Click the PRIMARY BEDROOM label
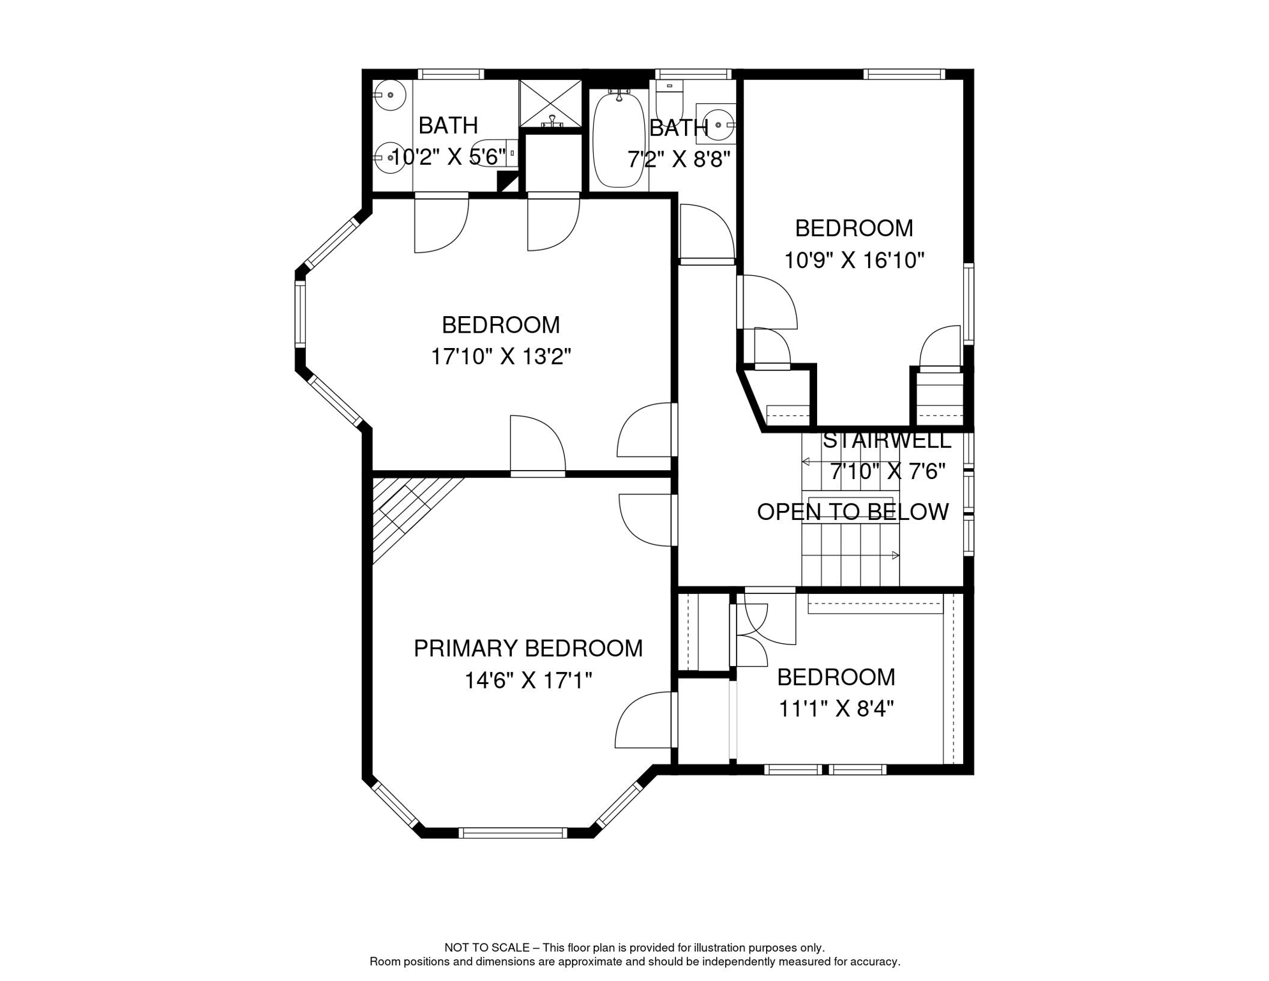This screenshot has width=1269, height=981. [x=528, y=648]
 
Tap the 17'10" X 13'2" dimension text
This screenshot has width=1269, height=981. [x=500, y=356]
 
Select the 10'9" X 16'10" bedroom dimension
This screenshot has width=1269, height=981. [x=854, y=260]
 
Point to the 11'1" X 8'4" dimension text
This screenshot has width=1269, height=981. [x=836, y=708]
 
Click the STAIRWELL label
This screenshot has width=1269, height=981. [x=887, y=440]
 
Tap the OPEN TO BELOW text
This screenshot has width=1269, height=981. [x=853, y=512]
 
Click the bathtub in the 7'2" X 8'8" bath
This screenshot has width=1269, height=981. [x=619, y=139]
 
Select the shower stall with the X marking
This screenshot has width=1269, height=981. [x=550, y=103]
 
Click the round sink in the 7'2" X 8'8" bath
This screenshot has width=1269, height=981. [x=719, y=125]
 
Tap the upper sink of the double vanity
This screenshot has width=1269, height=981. [x=389, y=95]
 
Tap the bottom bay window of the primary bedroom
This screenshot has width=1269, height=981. [x=513, y=832]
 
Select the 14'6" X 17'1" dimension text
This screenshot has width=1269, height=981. [x=528, y=681]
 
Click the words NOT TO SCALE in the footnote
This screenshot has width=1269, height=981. [x=487, y=948]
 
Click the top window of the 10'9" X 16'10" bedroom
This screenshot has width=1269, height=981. [x=904, y=74]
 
